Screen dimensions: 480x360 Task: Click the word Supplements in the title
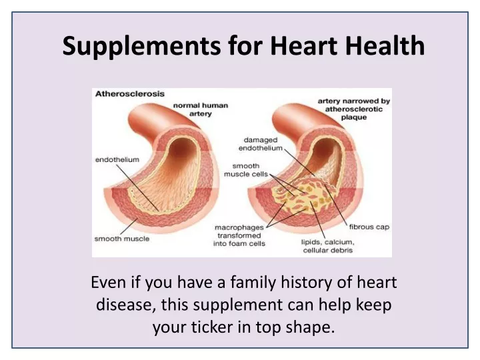click(141, 46)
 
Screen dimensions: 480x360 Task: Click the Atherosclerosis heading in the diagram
click(130, 94)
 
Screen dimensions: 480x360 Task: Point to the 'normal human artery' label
click(201, 109)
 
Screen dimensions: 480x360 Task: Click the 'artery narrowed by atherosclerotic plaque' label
click(354, 109)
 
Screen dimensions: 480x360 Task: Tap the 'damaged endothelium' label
click(261, 144)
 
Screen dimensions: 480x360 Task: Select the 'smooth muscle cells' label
click(246, 170)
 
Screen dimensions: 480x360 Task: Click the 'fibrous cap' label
click(369, 227)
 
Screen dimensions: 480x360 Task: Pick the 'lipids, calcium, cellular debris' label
click(328, 246)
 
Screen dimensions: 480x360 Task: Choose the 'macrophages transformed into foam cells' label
click(239, 235)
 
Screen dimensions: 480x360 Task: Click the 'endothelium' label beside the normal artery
click(117, 159)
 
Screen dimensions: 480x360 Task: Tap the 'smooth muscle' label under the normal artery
click(122, 239)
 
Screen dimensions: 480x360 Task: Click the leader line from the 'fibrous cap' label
click(335, 204)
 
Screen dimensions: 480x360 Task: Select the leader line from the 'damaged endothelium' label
click(299, 162)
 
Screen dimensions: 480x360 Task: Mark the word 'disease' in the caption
click(125, 305)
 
